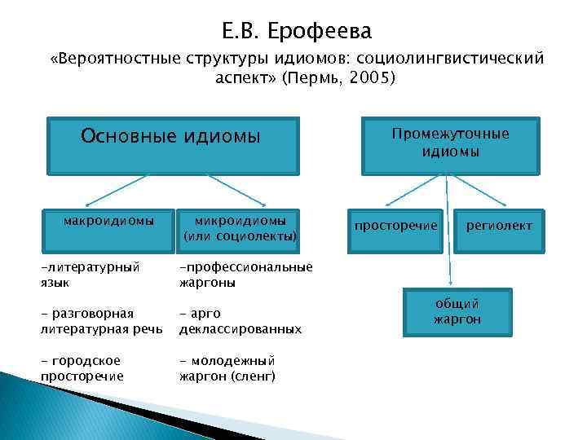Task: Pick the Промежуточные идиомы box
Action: (450, 143)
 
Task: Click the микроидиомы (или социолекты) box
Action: (239, 229)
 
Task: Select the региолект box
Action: (498, 225)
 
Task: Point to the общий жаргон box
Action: (457, 311)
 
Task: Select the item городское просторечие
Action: (82, 367)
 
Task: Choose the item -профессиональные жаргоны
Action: (245, 275)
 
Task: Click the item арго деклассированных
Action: (240, 321)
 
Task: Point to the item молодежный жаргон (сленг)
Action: (227, 367)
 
